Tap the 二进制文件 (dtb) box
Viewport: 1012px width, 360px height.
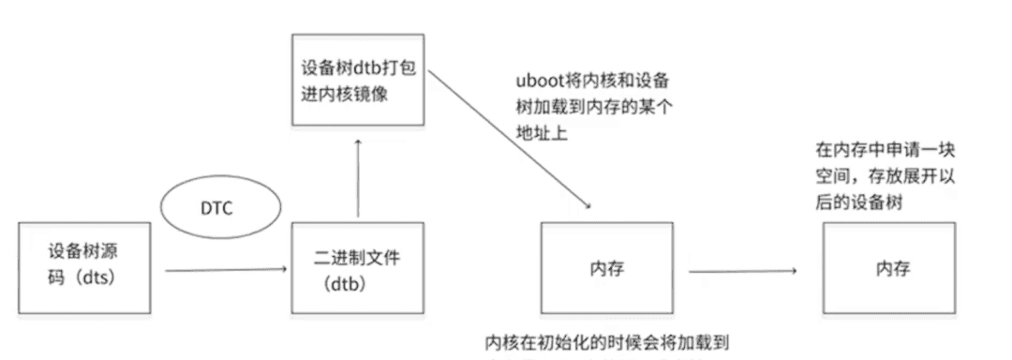(x=358, y=266)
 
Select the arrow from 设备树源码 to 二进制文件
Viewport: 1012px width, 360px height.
(x=225, y=271)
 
